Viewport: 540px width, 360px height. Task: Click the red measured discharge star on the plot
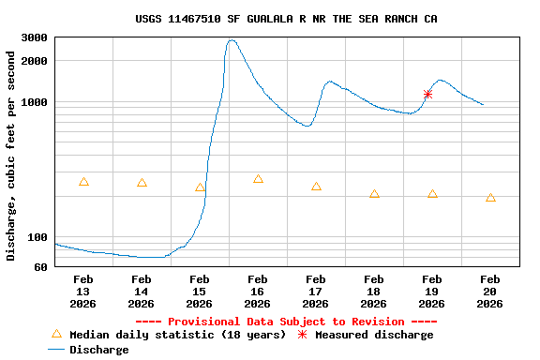tap(427, 94)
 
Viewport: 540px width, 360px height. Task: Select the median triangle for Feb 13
tap(83, 182)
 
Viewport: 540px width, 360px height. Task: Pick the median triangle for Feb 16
tap(258, 179)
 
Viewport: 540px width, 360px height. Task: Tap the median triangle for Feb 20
tap(490, 198)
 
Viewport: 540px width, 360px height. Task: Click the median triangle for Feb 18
tap(374, 194)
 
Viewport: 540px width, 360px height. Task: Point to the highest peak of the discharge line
tap(232, 40)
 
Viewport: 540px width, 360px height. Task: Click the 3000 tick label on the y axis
tap(35, 38)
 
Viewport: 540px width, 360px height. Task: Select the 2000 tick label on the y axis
tap(35, 62)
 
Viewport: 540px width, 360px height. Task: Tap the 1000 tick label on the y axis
tap(35, 102)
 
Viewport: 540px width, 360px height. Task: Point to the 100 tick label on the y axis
tap(37, 237)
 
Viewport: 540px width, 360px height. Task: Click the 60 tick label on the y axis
tap(40, 267)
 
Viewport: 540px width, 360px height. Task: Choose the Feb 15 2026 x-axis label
tap(200, 291)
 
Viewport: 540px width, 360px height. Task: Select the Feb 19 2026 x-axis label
tap(432, 291)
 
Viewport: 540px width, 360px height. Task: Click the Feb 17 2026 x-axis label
tap(316, 291)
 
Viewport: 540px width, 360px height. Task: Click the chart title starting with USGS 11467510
tap(286, 19)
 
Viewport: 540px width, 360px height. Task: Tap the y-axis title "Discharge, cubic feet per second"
tap(11, 156)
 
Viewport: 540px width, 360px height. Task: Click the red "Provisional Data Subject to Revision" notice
tap(292, 322)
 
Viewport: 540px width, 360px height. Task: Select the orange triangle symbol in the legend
tap(56, 334)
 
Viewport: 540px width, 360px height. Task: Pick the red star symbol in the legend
tap(302, 335)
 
